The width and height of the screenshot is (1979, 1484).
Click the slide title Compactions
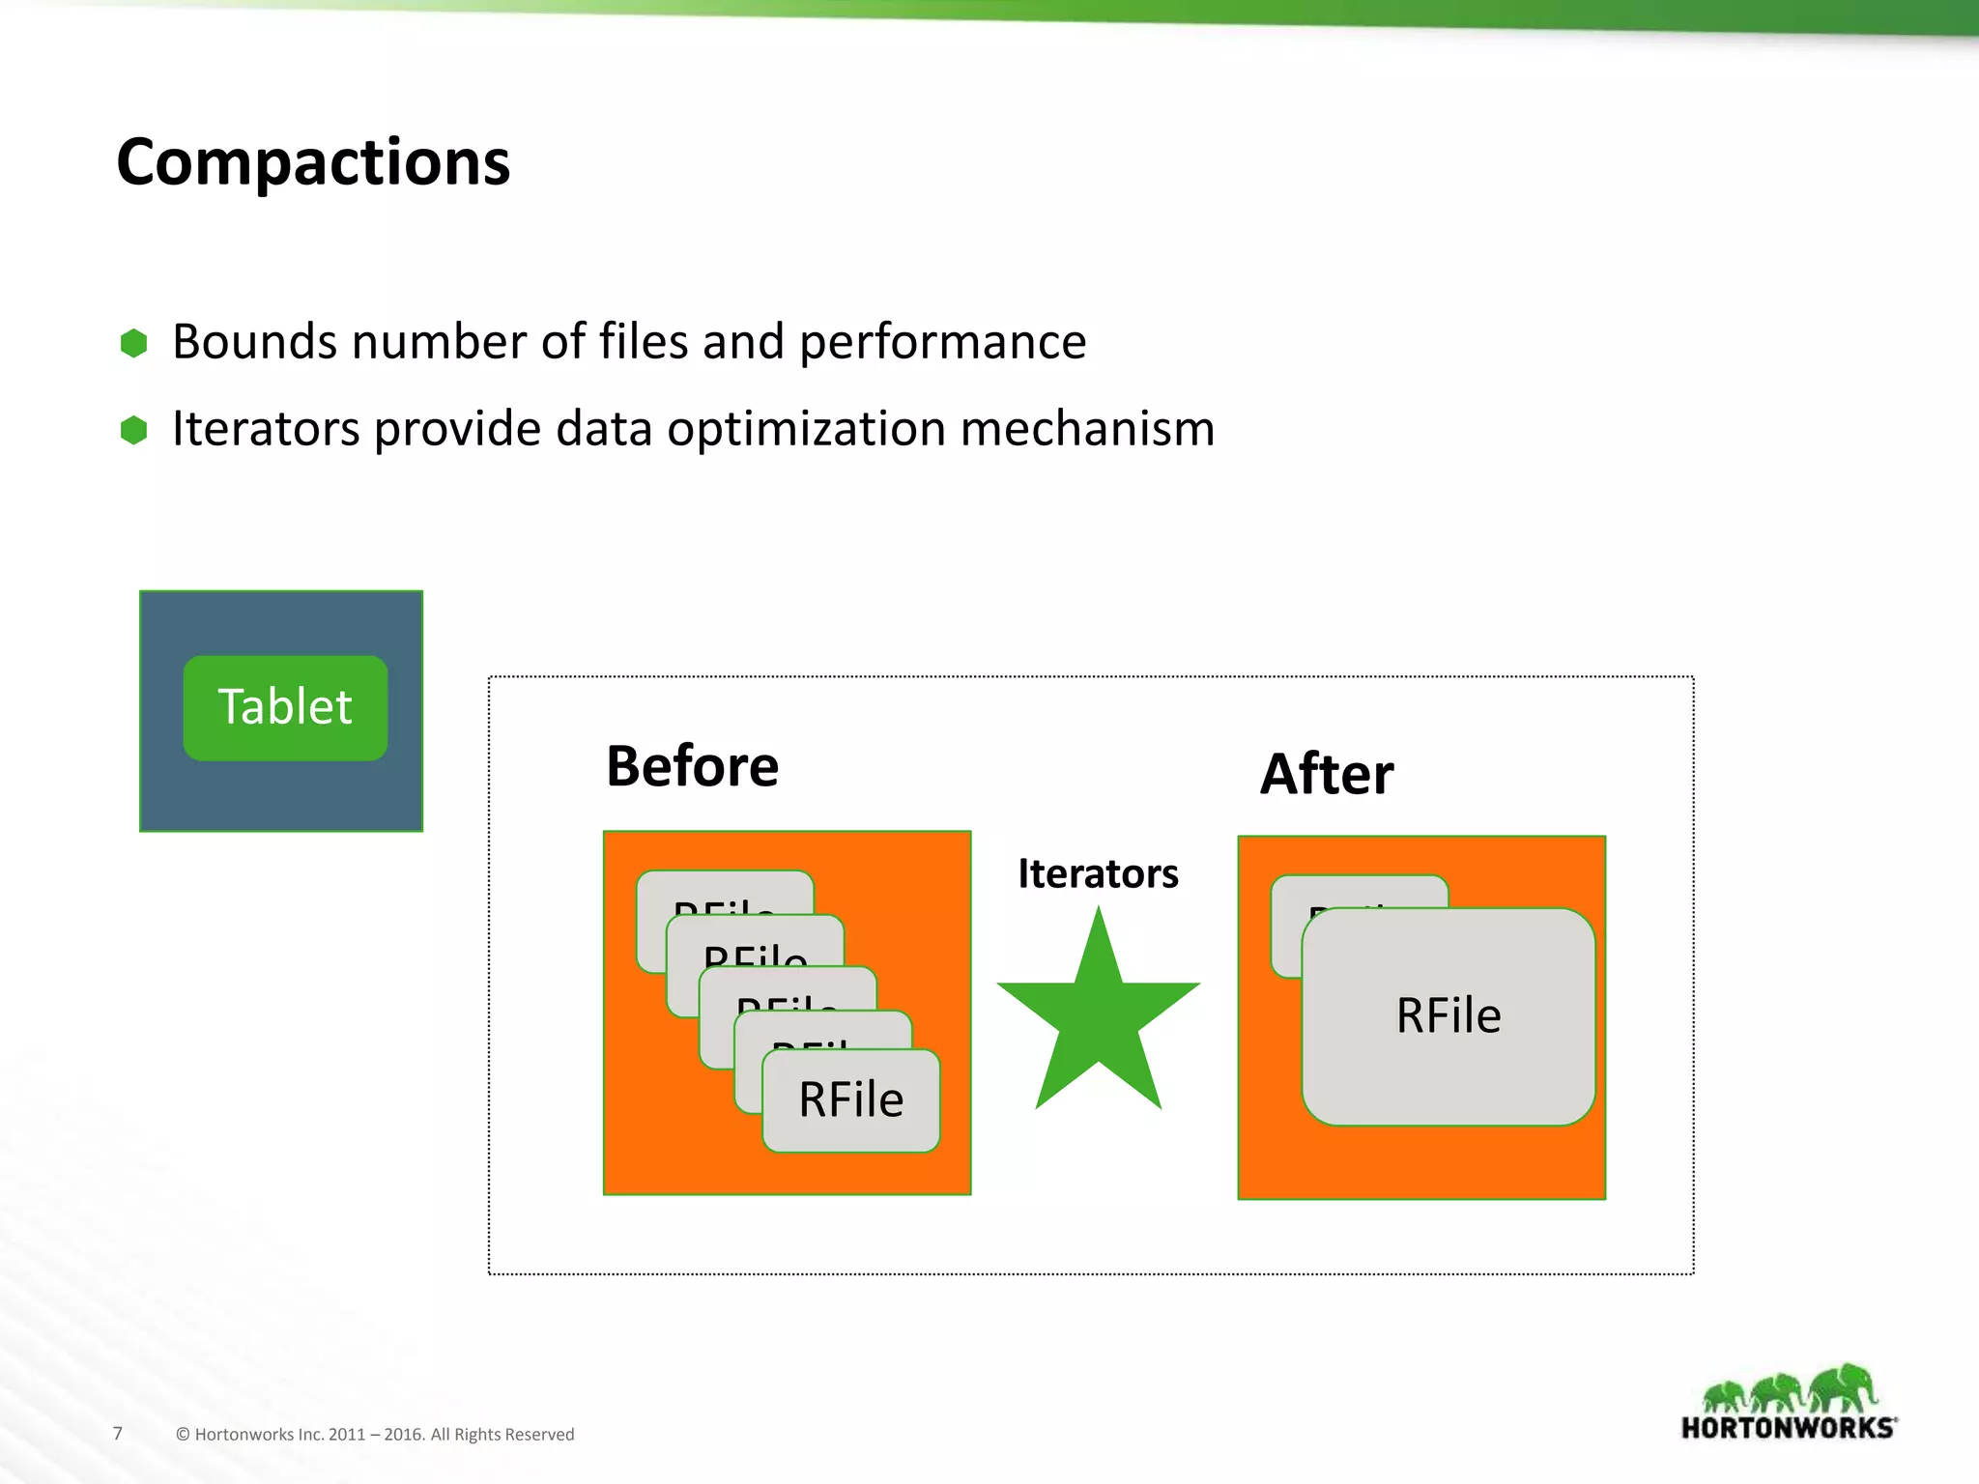coord(313,161)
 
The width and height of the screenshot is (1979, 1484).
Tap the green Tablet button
coord(285,707)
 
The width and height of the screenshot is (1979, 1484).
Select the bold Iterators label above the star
coord(1098,873)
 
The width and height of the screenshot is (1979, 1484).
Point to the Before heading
coord(692,766)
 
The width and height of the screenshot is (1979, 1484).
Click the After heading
coord(1327,774)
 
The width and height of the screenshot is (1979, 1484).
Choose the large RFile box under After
coord(1448,1016)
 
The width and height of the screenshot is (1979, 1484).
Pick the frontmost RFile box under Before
coord(850,1100)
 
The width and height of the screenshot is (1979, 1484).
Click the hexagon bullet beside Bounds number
coord(133,343)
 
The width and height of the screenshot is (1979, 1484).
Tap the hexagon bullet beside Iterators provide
coord(133,430)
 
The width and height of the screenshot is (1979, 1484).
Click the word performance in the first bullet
coord(942,343)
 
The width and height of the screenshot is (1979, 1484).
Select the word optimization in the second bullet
coord(805,429)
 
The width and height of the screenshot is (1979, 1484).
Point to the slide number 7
coord(118,1434)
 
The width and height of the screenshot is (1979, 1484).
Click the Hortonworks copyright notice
coord(375,1435)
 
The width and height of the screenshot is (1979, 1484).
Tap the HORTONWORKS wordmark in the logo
coord(1789,1428)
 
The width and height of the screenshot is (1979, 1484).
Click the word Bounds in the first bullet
coord(252,343)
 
